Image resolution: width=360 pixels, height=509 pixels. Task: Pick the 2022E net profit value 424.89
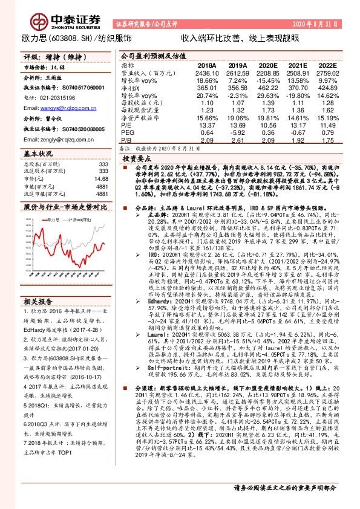[325, 88]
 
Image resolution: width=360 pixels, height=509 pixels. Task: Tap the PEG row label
[128, 132]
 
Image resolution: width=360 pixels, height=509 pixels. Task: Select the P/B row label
[126, 140]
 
